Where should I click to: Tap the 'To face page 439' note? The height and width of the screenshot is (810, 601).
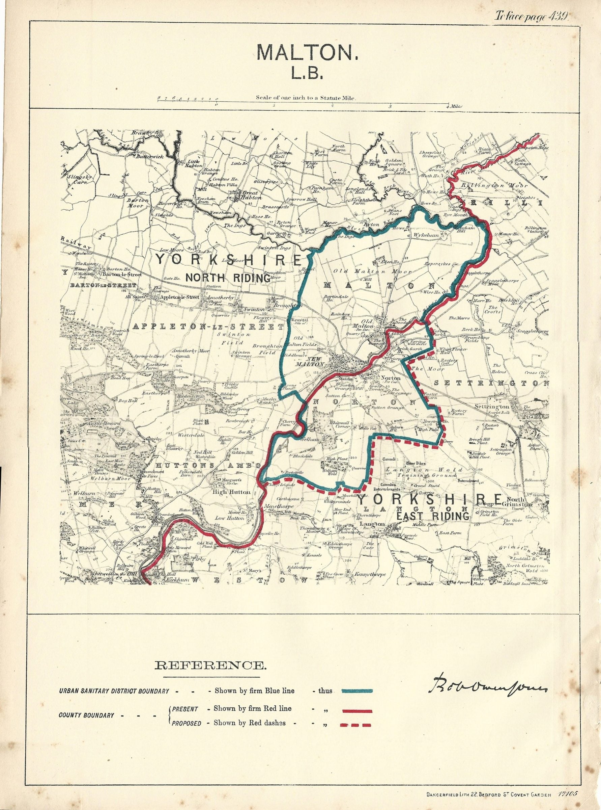pyautogui.click(x=531, y=16)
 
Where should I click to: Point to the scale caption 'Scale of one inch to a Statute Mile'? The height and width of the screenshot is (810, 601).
pyautogui.click(x=305, y=98)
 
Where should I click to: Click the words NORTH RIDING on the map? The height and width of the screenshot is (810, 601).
pyautogui.click(x=228, y=278)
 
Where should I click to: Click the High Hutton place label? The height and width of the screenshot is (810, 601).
pyautogui.click(x=233, y=492)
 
